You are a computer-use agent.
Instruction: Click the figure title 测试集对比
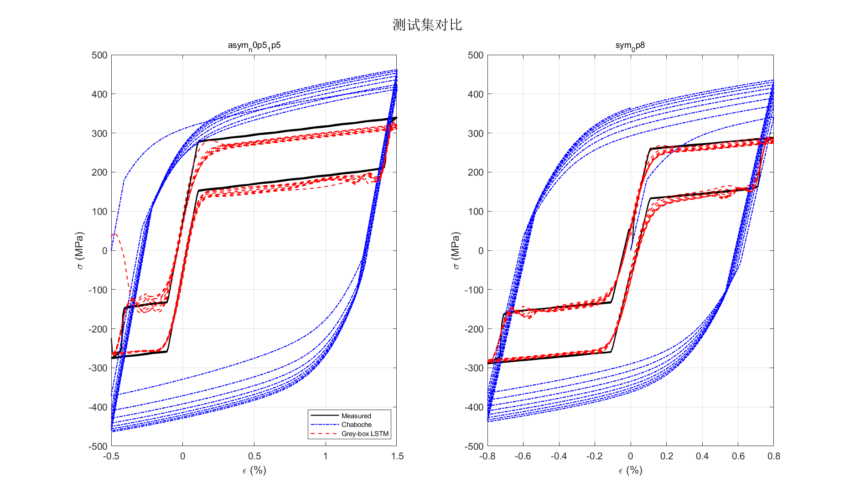[427, 25]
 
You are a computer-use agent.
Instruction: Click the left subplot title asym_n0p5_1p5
[254, 46]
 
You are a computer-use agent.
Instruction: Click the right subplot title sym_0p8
[630, 46]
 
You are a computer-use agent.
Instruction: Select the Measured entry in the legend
[356, 416]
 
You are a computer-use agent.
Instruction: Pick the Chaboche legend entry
[357, 425]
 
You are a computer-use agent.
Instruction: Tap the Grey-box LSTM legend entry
[365, 434]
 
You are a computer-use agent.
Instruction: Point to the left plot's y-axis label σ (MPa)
[80, 250]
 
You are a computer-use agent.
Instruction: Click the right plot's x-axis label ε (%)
[630, 470]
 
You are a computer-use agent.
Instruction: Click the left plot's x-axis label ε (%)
[254, 470]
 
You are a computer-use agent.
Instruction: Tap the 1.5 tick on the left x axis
[397, 456]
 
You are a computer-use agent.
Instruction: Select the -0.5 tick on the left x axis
[111, 456]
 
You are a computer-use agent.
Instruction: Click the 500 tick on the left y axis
[99, 55]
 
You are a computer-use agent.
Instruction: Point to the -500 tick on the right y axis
[474, 446]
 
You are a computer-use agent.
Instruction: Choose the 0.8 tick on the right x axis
[773, 456]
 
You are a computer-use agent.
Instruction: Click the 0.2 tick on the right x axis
[666, 456]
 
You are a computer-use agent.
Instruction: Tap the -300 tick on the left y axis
[98, 368]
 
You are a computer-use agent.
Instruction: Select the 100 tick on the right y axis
[476, 212]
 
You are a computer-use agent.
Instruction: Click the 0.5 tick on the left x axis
[254, 456]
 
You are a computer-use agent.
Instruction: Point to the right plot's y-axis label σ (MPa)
[456, 250]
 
